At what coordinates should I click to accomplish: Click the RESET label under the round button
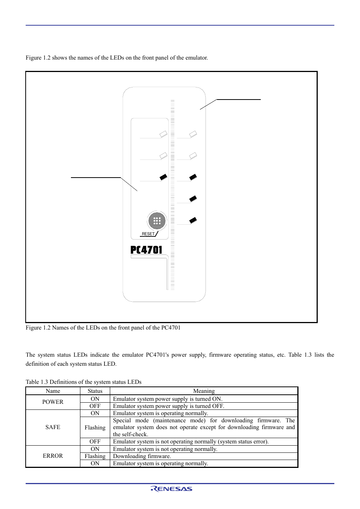(148, 234)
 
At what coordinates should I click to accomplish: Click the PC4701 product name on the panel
(146, 250)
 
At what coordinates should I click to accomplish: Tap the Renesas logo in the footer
(172, 489)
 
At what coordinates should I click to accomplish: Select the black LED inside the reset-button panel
(163, 177)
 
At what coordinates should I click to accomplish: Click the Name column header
(53, 391)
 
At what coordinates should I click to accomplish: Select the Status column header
(95, 391)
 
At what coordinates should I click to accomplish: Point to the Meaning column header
(204, 391)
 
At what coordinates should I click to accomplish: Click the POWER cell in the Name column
(53, 402)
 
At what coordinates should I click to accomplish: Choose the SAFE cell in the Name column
(53, 427)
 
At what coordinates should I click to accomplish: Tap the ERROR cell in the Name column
(53, 456)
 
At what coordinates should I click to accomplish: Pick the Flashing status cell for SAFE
(95, 428)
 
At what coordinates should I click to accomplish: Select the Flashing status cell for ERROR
(95, 456)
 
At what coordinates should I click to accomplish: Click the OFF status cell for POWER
(95, 406)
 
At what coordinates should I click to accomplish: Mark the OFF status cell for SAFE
(95, 442)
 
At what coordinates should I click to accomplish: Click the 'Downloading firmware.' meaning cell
(142, 456)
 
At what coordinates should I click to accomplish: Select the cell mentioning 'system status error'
(191, 442)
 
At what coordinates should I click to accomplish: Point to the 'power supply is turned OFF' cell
(169, 406)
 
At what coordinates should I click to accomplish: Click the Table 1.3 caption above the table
(83, 382)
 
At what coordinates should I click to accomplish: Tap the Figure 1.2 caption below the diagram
(103, 328)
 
